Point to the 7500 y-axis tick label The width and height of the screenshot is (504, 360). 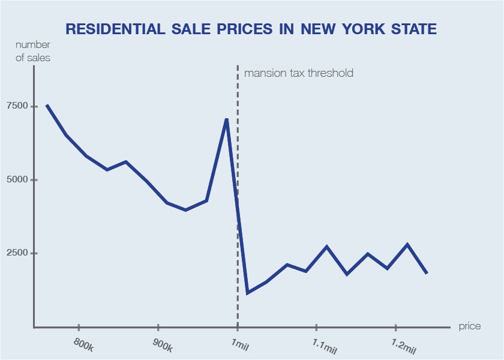(17, 106)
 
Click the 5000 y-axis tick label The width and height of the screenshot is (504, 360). (17, 180)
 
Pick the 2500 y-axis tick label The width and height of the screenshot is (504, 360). (17, 253)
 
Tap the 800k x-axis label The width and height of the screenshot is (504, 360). (83, 344)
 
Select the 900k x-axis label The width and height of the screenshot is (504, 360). (163, 344)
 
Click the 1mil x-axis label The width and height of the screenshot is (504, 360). (240, 344)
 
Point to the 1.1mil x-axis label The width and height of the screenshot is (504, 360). (325, 345)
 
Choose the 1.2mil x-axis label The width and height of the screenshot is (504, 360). (404, 345)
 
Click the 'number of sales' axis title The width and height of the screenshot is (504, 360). (33, 52)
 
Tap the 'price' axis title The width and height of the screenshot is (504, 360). (469, 326)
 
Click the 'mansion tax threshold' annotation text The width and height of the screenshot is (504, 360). (298, 73)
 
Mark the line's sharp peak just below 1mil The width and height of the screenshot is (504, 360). (226, 119)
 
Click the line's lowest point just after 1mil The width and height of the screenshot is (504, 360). (247, 293)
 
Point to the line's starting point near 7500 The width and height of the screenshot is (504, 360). (47, 106)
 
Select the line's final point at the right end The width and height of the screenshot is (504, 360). (427, 273)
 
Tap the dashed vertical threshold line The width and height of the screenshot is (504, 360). (238, 180)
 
